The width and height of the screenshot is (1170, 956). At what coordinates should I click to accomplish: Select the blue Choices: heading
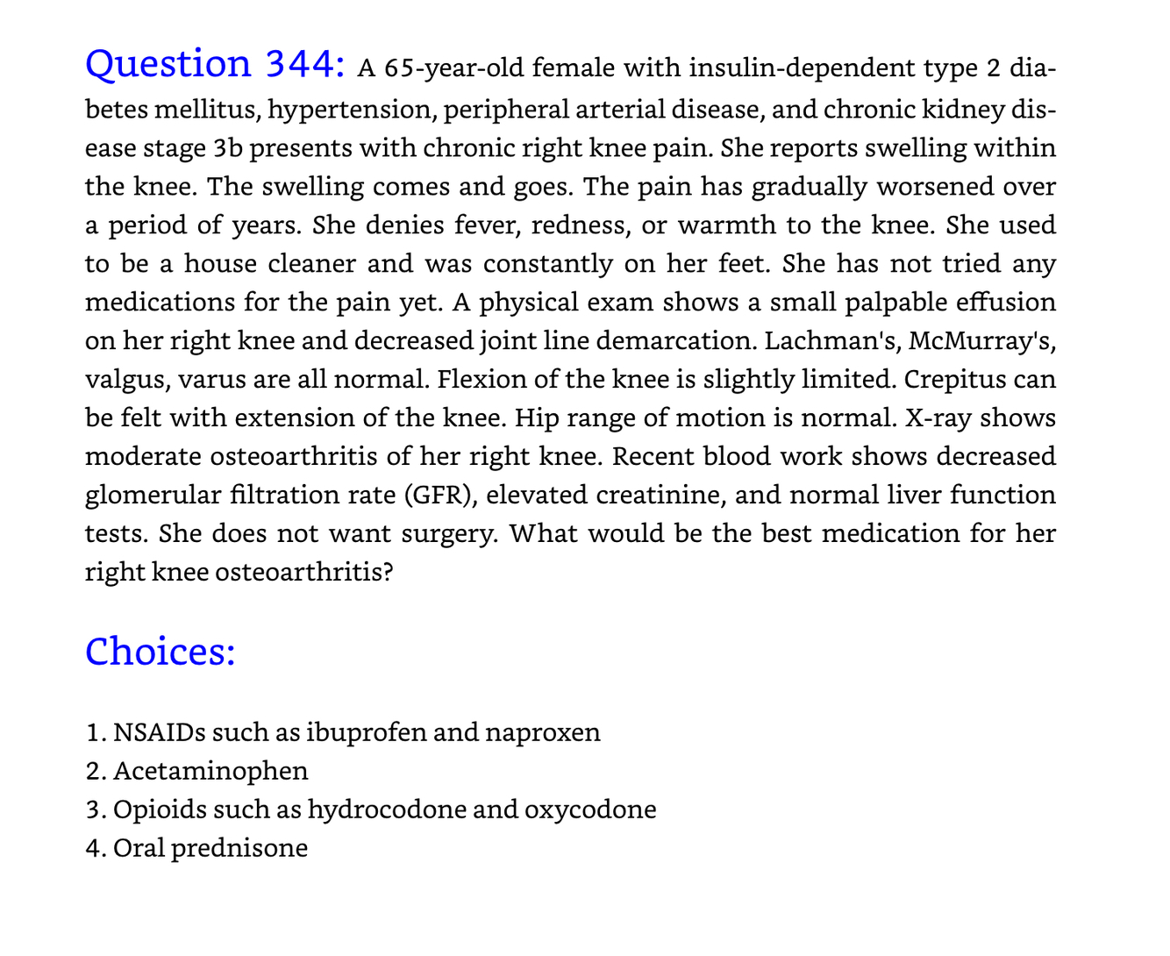pyautogui.click(x=160, y=652)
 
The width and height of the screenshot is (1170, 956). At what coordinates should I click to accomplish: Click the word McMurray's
pyautogui.click(x=982, y=341)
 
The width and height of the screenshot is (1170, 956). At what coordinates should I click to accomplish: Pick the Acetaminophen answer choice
pyautogui.click(x=210, y=771)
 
